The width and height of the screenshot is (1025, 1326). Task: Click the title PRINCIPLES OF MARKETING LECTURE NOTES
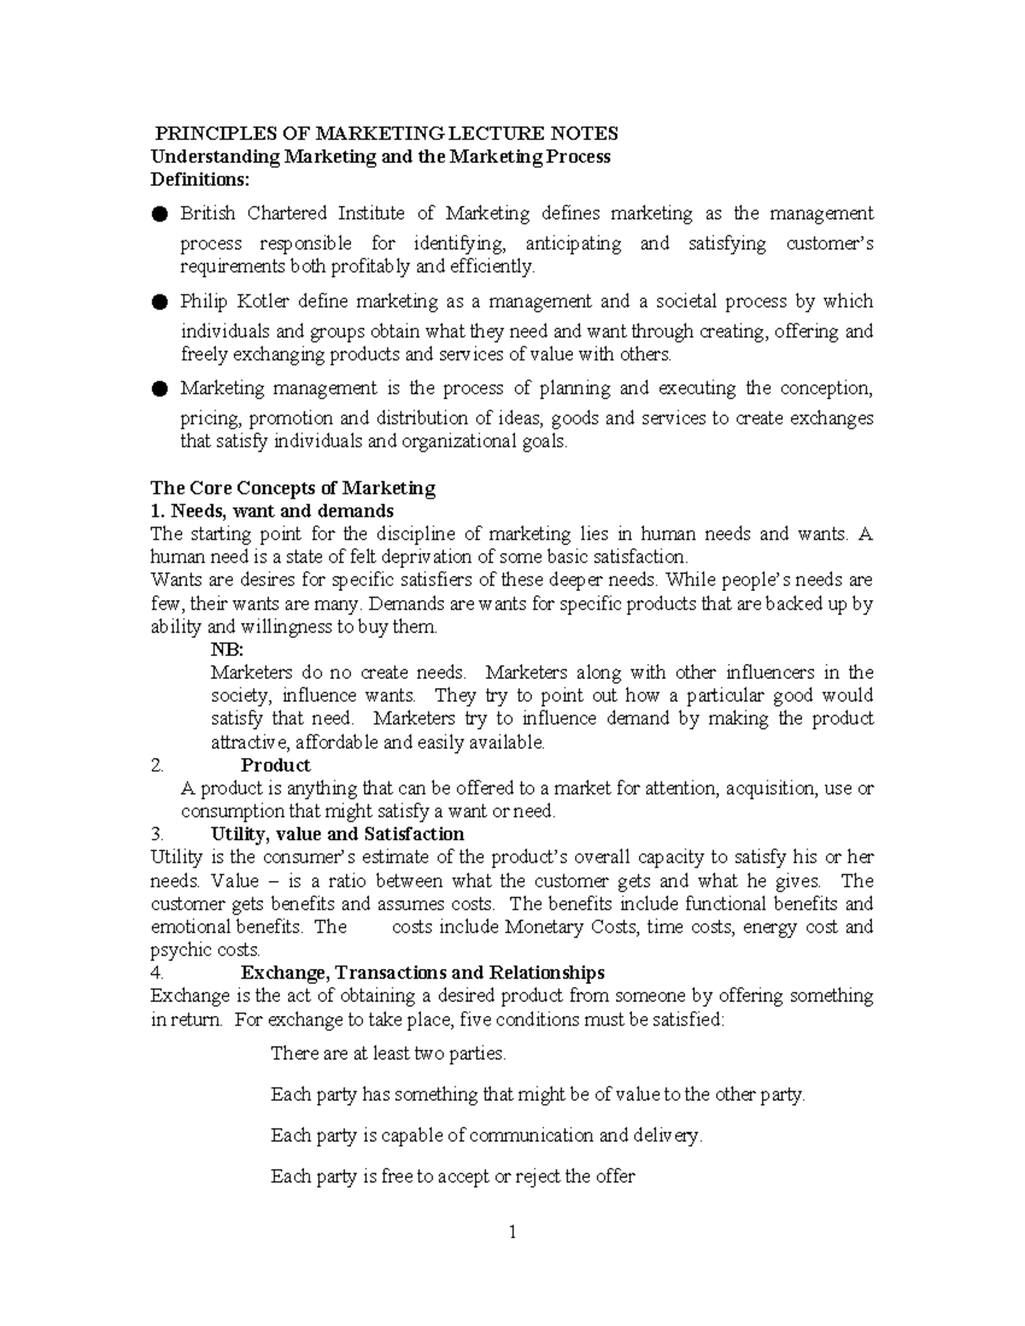pos(385,134)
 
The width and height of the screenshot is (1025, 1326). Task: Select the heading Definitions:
pos(201,180)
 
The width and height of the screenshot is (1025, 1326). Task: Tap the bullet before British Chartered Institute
pos(159,214)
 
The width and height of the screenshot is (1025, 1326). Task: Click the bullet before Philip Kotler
pos(159,302)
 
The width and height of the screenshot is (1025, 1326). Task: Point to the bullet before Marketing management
pos(159,389)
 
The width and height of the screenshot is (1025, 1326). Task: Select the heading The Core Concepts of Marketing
pos(292,488)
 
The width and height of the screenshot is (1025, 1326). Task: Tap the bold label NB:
pos(227,650)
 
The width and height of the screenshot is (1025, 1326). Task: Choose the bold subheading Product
pos(275,765)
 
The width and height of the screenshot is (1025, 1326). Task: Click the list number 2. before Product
pos(156,765)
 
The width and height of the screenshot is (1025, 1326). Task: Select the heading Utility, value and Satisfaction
pos(337,834)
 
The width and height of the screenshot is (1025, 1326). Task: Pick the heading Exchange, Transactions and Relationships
pos(423,973)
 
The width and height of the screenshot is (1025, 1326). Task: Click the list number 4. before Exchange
pos(156,973)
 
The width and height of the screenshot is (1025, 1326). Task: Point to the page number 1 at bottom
pos(512,1232)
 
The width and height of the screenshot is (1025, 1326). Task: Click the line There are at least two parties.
pos(389,1054)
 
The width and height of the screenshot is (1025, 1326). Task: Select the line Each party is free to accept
pos(453,1177)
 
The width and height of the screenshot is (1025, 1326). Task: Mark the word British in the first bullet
pos(208,213)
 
